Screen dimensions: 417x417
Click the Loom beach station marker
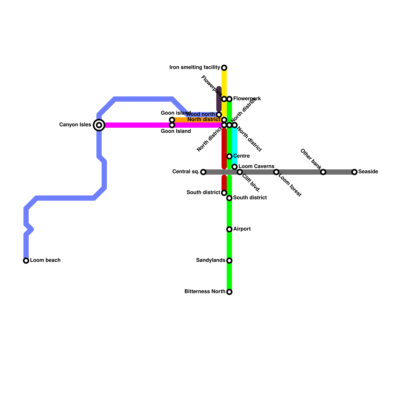[x=26, y=261]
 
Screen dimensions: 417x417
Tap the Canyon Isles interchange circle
[x=99, y=125]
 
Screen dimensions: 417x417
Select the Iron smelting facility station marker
[x=224, y=68]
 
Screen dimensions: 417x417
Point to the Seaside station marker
[x=354, y=172]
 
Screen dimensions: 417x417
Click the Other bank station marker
[x=323, y=172]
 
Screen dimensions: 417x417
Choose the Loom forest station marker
[x=276, y=172]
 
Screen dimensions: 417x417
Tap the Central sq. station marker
[x=203, y=172]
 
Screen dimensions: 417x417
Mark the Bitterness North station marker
[x=229, y=292]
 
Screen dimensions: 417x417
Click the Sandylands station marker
[x=229, y=261]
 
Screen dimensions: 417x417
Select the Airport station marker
[x=229, y=229]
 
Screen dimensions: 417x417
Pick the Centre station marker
[x=229, y=156]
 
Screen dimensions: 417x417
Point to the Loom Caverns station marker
[x=235, y=167]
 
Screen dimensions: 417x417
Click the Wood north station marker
[x=219, y=115]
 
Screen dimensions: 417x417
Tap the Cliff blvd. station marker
[x=240, y=172]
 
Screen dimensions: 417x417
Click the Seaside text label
[x=368, y=172]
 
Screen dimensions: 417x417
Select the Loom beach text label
[x=45, y=260]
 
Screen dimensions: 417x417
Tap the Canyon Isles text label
[x=75, y=125]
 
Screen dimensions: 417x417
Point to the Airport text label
[x=242, y=229]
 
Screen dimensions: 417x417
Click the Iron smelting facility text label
[x=195, y=68]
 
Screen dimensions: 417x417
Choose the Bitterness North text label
[x=205, y=292]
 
